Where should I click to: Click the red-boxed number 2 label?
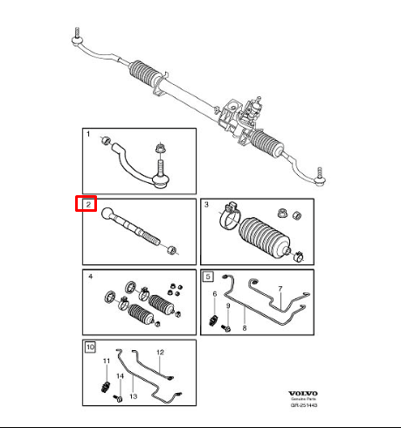tap(87, 206)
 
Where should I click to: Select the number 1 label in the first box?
tap(87, 135)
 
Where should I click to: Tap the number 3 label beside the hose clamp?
tap(206, 206)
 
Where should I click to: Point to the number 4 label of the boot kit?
tap(87, 277)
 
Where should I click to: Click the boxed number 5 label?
tap(207, 277)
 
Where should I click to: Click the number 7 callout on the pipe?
tap(280, 288)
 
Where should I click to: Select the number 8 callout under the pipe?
tap(245, 326)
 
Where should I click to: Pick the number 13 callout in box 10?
tap(134, 396)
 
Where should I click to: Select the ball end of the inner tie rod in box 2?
tap(107, 214)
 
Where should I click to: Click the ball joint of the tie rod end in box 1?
tap(160, 181)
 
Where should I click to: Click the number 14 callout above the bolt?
tap(119, 375)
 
